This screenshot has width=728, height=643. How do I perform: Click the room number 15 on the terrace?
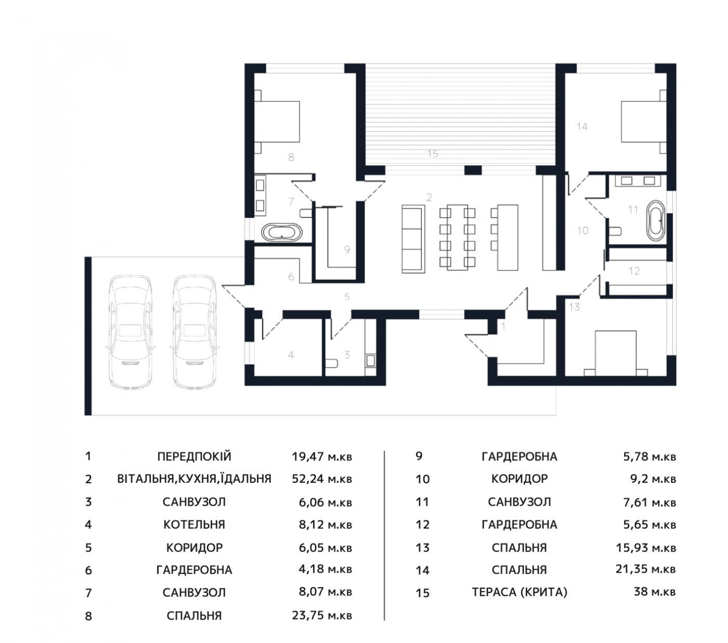(x=432, y=154)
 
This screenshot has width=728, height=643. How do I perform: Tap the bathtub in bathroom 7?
(x=282, y=232)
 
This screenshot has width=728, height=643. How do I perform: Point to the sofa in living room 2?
(x=413, y=239)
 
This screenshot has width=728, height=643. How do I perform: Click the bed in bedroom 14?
(x=644, y=122)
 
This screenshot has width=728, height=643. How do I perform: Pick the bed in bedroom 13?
(x=616, y=353)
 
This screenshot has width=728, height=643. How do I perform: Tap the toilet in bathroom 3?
(x=331, y=363)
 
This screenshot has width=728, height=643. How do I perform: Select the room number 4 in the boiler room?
(x=291, y=355)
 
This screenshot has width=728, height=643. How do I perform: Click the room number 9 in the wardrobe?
(x=346, y=249)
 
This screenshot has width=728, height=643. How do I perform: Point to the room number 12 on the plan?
(x=634, y=271)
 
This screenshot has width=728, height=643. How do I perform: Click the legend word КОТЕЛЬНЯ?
(x=194, y=524)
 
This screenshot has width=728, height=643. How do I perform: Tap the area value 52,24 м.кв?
(x=321, y=479)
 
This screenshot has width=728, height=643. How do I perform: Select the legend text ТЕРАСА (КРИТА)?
(x=519, y=591)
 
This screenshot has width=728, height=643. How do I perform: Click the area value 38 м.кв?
(x=655, y=591)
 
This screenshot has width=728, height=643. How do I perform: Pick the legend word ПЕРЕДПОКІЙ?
(x=194, y=456)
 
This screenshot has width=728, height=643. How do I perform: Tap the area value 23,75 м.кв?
(x=321, y=615)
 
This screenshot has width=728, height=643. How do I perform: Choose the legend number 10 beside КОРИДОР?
(x=423, y=479)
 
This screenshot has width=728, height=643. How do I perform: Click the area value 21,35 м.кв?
(x=646, y=569)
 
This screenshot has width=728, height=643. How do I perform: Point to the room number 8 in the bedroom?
(x=291, y=157)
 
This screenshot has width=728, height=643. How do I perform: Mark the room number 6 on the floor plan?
(x=291, y=276)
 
